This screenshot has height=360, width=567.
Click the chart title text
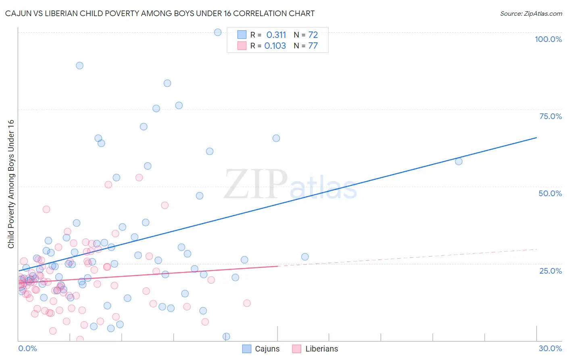pyautogui.click(x=160, y=13)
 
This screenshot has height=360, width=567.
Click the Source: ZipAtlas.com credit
pyautogui.click(x=531, y=13)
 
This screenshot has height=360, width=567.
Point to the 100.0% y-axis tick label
pyautogui.click(x=548, y=39)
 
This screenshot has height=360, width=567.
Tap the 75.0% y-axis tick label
pyautogui.click(x=550, y=116)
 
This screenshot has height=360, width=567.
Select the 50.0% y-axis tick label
pyautogui.click(x=550, y=193)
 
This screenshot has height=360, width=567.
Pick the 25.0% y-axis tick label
pyautogui.click(x=550, y=270)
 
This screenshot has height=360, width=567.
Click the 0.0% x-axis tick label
pyautogui.click(x=27, y=348)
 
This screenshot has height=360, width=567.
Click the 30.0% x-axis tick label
pyautogui.click(x=550, y=348)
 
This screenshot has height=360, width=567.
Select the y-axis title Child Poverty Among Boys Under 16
pyautogui.click(x=11, y=184)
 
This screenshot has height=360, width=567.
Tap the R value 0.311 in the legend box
pyautogui.click(x=276, y=35)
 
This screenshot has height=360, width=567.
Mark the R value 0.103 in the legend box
pyautogui.click(x=275, y=46)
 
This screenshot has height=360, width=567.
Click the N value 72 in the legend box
pyautogui.click(x=313, y=35)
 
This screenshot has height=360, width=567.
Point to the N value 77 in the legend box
pyautogui.click(x=313, y=46)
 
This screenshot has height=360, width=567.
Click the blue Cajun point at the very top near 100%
pyautogui.click(x=218, y=32)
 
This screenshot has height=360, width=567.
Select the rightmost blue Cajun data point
pyautogui.click(x=459, y=161)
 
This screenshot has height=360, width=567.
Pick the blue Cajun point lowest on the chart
pyautogui.click(x=226, y=337)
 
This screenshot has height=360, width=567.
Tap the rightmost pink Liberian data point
pyautogui.click(x=247, y=303)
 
